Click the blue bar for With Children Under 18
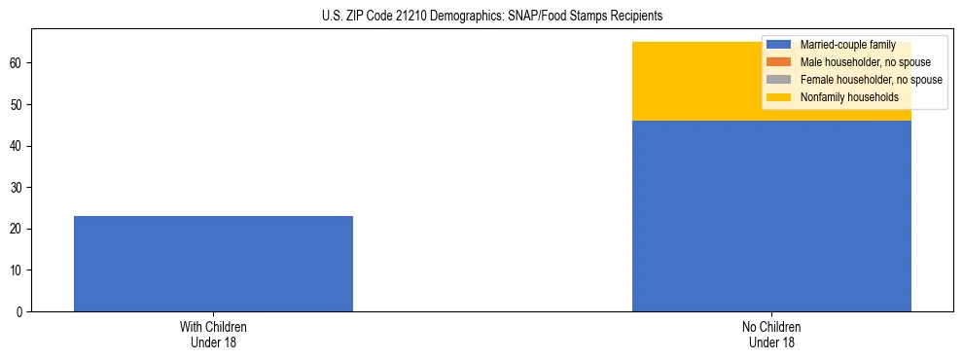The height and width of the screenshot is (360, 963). point(213,263)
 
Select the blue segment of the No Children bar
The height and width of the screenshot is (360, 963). point(771,216)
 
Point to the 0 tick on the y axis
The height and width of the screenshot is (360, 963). point(20,312)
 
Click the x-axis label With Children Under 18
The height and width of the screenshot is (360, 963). point(213,335)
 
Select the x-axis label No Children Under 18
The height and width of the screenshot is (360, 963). point(771,335)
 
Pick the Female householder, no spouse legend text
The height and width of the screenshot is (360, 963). point(871,80)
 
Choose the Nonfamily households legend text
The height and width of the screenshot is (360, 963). point(849,97)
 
